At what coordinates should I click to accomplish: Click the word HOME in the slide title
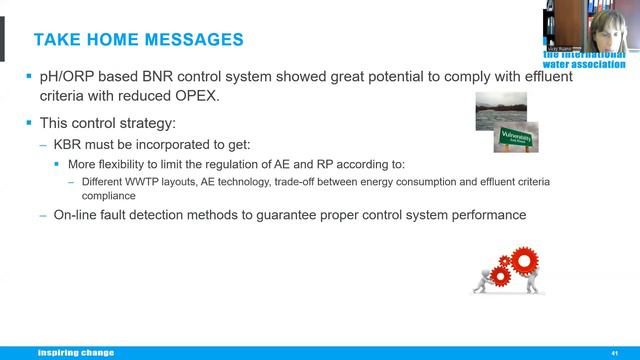tap(121, 40)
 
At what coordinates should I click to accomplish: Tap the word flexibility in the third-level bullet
tap(130, 163)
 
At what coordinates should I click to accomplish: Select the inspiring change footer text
tap(76, 353)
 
